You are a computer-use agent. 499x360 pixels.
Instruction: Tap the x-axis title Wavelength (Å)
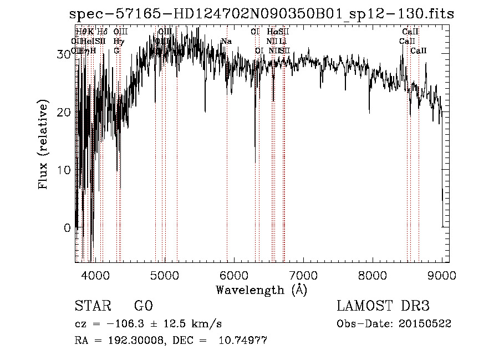click(x=261, y=290)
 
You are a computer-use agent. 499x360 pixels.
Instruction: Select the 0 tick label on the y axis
click(x=67, y=228)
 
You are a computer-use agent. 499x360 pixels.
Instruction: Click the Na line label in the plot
click(x=226, y=41)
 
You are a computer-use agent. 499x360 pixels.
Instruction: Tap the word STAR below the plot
click(x=92, y=306)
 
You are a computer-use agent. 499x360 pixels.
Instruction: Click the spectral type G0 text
click(x=143, y=306)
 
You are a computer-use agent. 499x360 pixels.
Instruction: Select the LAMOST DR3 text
click(x=383, y=306)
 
